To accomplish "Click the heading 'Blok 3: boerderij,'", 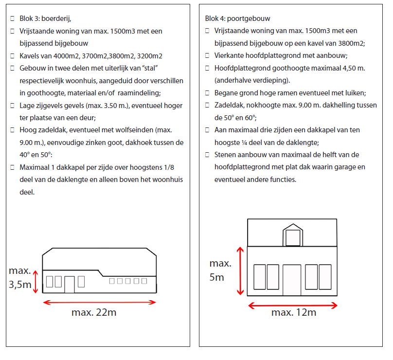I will (45, 19).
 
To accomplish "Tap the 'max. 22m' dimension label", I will (94, 313).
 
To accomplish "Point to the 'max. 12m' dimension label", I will (294, 312).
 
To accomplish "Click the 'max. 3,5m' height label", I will (19, 278).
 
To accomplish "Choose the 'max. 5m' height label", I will (220, 270).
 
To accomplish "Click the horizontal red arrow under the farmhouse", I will (99, 302).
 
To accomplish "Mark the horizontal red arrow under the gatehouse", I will (293, 306).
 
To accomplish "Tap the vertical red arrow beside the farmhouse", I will (35, 282).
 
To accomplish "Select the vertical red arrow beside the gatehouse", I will (239, 270).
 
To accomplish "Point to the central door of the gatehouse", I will (292, 280).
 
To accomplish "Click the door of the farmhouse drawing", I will (69, 284).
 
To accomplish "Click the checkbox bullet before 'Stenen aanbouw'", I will (208, 155).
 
